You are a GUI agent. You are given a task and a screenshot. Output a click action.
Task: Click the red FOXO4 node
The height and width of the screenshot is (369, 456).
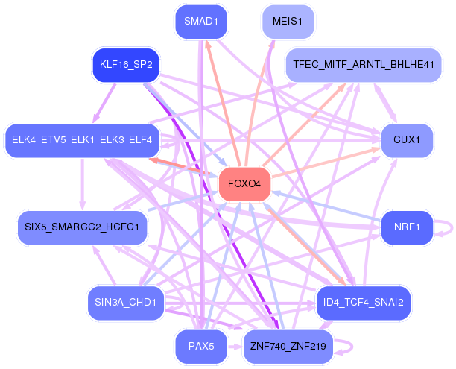(244, 184)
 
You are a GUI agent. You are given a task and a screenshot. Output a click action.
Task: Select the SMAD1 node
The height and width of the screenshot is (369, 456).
(201, 22)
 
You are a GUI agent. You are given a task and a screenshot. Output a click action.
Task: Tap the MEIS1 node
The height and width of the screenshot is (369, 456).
(288, 22)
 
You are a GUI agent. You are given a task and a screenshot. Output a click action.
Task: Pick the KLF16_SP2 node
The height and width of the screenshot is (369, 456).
(126, 65)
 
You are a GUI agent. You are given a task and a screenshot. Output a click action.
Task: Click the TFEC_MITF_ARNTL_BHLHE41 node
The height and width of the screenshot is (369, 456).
(364, 65)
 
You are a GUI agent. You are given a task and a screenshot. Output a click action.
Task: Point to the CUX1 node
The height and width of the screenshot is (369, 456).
(407, 140)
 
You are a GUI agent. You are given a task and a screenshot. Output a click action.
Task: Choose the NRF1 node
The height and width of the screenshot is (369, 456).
(407, 227)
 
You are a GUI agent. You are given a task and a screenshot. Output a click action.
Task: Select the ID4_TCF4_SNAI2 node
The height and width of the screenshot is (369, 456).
(364, 303)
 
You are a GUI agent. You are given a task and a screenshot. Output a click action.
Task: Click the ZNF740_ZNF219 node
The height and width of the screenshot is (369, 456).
(288, 347)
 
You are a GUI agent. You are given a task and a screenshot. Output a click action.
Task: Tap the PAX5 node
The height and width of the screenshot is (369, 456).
(201, 347)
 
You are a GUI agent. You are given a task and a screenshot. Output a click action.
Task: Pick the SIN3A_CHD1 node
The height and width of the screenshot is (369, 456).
(126, 303)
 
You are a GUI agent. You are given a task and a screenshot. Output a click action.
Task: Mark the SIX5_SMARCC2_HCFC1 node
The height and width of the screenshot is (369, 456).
(82, 227)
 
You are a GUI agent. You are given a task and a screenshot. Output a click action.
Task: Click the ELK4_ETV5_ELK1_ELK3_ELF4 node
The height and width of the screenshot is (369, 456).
(82, 140)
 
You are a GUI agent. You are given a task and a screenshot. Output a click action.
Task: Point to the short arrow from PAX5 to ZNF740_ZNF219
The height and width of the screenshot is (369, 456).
(235, 347)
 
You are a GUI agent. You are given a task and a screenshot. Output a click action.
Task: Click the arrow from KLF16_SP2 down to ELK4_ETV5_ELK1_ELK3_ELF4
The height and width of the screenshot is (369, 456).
(104, 103)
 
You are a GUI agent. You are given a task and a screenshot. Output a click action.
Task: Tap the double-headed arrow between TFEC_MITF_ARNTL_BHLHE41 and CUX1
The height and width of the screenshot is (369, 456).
(385, 103)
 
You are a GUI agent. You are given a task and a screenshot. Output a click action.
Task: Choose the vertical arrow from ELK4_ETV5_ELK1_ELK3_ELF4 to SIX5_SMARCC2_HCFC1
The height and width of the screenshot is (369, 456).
(83, 184)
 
